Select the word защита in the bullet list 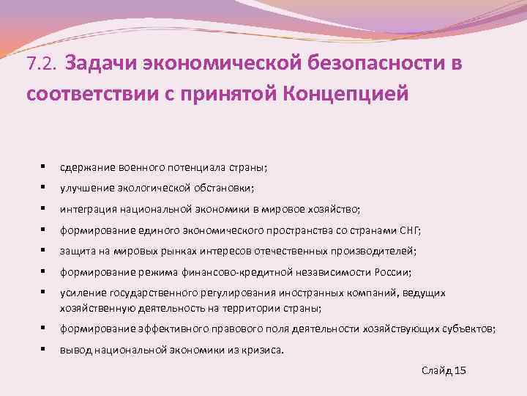coord(77,251)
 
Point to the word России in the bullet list coord(392,272)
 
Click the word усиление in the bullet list coord(83,293)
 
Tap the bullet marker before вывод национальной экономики coord(45,350)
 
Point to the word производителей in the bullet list coord(375,251)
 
